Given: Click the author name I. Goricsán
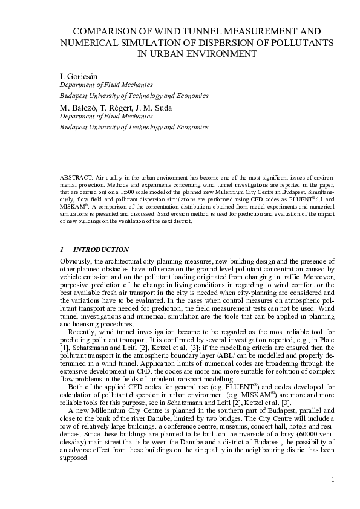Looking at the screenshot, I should point(79,76).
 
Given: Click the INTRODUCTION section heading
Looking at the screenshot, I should point(100,250).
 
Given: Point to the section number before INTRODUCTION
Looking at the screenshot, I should point(62,250).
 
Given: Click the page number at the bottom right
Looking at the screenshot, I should point(332,480).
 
